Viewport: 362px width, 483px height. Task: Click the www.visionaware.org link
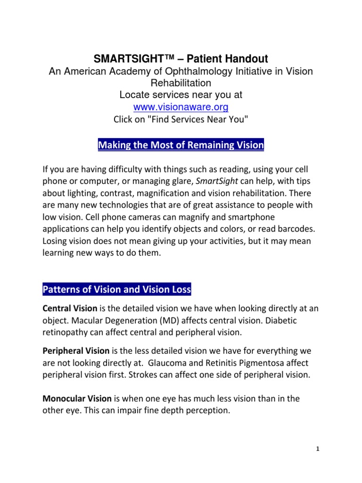181,107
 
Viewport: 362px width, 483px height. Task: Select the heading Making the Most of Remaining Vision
181,145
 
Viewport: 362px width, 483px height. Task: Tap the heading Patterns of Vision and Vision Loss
117,289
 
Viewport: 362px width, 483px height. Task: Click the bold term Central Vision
70,309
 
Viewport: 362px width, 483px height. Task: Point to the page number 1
318,449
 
